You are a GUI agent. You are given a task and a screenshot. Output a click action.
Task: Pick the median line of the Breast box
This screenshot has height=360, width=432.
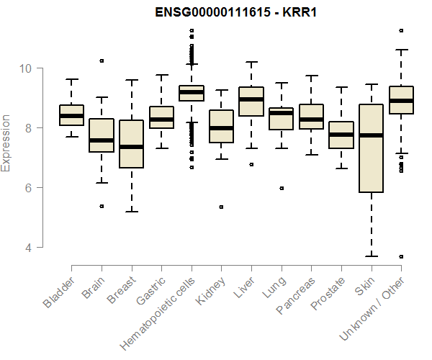click(x=131, y=147)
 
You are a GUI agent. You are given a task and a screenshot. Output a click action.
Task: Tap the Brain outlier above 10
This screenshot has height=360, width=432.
click(x=102, y=61)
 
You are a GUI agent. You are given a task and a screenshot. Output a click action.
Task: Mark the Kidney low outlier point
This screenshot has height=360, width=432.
click(x=221, y=207)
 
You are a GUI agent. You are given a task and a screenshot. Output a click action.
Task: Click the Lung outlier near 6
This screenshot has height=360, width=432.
click(x=281, y=188)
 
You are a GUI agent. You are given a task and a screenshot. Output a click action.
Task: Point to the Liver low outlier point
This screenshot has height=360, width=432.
click(x=251, y=164)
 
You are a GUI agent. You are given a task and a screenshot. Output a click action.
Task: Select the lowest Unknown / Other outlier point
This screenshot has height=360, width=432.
click(x=401, y=256)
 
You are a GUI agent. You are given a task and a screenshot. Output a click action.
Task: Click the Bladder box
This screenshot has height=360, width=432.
click(x=71, y=115)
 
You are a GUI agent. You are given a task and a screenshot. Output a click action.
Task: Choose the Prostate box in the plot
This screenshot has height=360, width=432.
click(x=341, y=135)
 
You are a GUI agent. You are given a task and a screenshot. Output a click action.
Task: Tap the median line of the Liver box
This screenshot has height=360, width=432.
click(x=251, y=99)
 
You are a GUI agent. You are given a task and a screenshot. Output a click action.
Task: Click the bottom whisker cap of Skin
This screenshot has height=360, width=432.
click(x=371, y=256)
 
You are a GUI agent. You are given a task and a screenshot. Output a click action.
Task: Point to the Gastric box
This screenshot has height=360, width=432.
click(x=161, y=117)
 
